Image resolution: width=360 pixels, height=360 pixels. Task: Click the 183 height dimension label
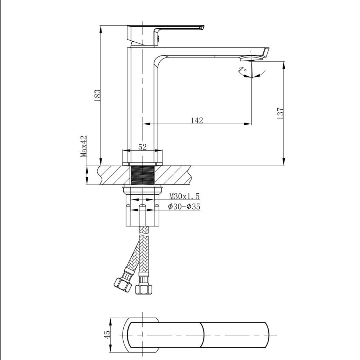(x=97, y=95)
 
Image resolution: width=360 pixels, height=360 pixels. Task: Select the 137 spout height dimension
(x=281, y=113)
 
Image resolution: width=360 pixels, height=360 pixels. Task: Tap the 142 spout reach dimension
(x=197, y=120)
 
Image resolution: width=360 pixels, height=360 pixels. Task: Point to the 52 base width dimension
(x=142, y=147)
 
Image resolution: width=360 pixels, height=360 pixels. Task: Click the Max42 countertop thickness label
(x=84, y=146)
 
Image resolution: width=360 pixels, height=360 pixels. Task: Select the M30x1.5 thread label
(x=185, y=196)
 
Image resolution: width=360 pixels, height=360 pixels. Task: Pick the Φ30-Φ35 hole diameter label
(x=184, y=207)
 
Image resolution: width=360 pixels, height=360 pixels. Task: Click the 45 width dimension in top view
(x=107, y=334)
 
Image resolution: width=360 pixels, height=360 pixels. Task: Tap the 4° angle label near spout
(x=243, y=70)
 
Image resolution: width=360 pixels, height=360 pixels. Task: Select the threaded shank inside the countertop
(x=143, y=175)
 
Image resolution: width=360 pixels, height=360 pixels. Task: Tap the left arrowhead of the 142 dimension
(x=146, y=124)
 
